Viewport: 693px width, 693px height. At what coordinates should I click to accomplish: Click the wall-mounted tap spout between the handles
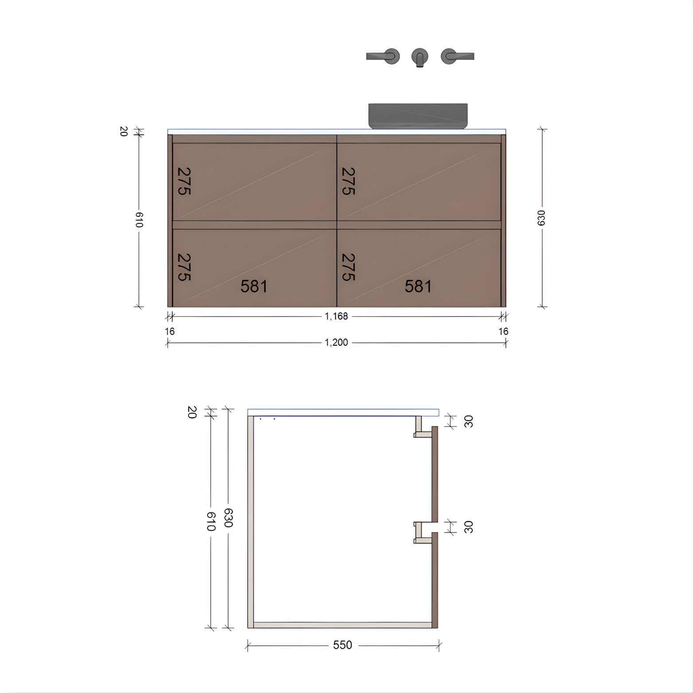419,57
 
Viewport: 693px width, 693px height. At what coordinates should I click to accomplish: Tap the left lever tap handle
383,56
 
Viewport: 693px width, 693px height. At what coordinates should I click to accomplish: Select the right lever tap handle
457,56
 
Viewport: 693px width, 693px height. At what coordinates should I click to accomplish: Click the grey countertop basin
418,116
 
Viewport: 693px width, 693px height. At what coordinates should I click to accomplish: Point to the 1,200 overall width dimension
336,342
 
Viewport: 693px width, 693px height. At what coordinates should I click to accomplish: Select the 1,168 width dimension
336,316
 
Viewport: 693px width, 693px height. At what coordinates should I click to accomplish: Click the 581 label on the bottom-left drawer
254,286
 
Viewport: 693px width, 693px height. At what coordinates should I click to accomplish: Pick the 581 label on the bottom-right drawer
418,286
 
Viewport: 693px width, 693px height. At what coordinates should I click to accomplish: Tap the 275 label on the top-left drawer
184,181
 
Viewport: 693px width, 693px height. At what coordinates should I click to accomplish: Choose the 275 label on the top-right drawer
348,181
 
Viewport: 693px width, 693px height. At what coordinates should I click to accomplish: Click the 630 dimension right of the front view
541,218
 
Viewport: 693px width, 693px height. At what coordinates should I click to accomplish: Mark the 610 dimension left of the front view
139,219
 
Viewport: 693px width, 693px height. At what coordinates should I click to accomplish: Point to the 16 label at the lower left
169,331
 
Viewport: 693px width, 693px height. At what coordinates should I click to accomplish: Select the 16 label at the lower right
503,331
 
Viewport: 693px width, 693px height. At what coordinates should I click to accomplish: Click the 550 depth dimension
342,645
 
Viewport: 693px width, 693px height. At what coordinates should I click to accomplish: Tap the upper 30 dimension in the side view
469,421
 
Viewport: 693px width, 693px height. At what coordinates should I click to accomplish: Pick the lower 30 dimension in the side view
469,527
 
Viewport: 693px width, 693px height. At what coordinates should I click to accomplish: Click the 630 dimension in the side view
228,517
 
